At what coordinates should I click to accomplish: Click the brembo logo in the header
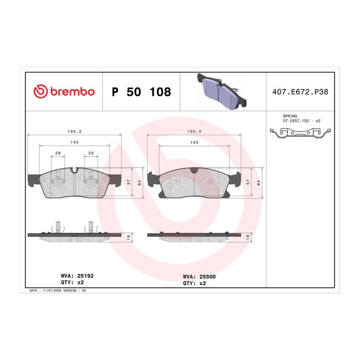click(64, 91)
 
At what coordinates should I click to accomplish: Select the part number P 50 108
click(141, 92)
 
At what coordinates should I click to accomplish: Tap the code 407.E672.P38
click(300, 92)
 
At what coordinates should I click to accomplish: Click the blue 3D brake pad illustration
click(222, 91)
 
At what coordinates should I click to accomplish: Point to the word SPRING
click(290, 116)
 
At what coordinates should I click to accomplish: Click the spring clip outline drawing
click(300, 133)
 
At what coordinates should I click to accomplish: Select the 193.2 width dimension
click(75, 132)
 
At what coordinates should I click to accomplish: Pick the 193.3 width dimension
click(194, 132)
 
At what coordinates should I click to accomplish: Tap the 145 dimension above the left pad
click(75, 142)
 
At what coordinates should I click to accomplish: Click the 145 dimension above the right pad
click(194, 142)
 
